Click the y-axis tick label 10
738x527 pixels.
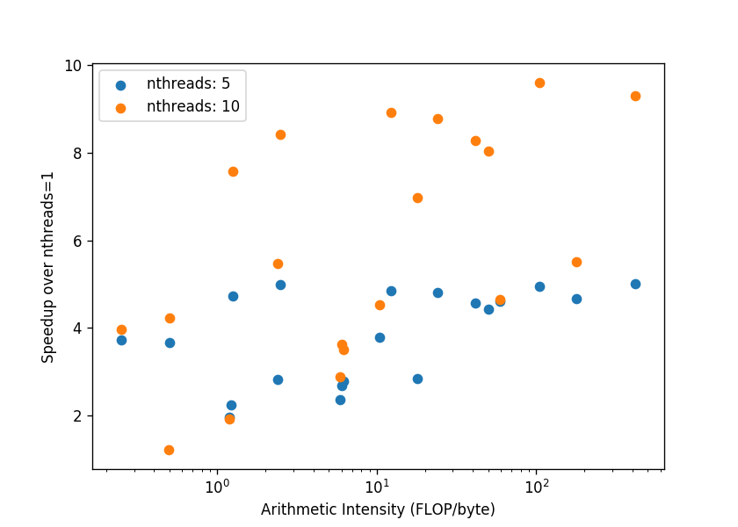click(73, 66)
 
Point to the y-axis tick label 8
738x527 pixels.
click(77, 154)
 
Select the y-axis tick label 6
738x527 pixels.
click(77, 241)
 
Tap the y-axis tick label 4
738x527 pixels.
click(77, 328)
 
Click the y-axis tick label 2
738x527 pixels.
click(77, 416)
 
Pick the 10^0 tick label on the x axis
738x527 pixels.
click(217, 486)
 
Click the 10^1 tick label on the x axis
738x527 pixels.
click(377, 486)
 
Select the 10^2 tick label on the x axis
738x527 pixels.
click(537, 486)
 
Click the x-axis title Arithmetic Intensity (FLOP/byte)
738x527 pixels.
click(378, 509)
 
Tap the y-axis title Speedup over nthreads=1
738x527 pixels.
click(47, 267)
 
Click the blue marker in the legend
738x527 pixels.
click(121, 85)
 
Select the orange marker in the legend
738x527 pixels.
click(121, 108)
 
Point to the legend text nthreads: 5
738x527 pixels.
click(188, 83)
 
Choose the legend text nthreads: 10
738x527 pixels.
click(193, 106)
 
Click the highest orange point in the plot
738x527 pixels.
click(539, 83)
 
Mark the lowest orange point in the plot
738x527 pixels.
click(169, 451)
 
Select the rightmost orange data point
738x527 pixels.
click(635, 97)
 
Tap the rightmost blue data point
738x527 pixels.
click(635, 285)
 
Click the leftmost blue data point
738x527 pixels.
click(121, 340)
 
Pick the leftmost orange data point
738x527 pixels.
click(121, 330)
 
